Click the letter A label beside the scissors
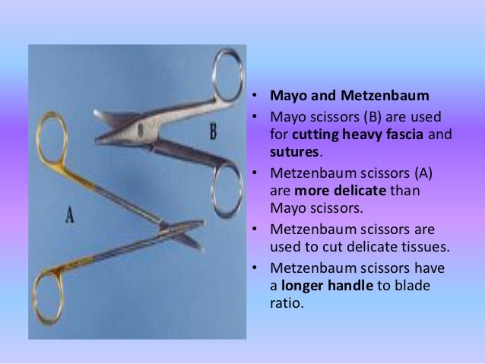(x=69, y=215)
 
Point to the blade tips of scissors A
(x=198, y=245)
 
